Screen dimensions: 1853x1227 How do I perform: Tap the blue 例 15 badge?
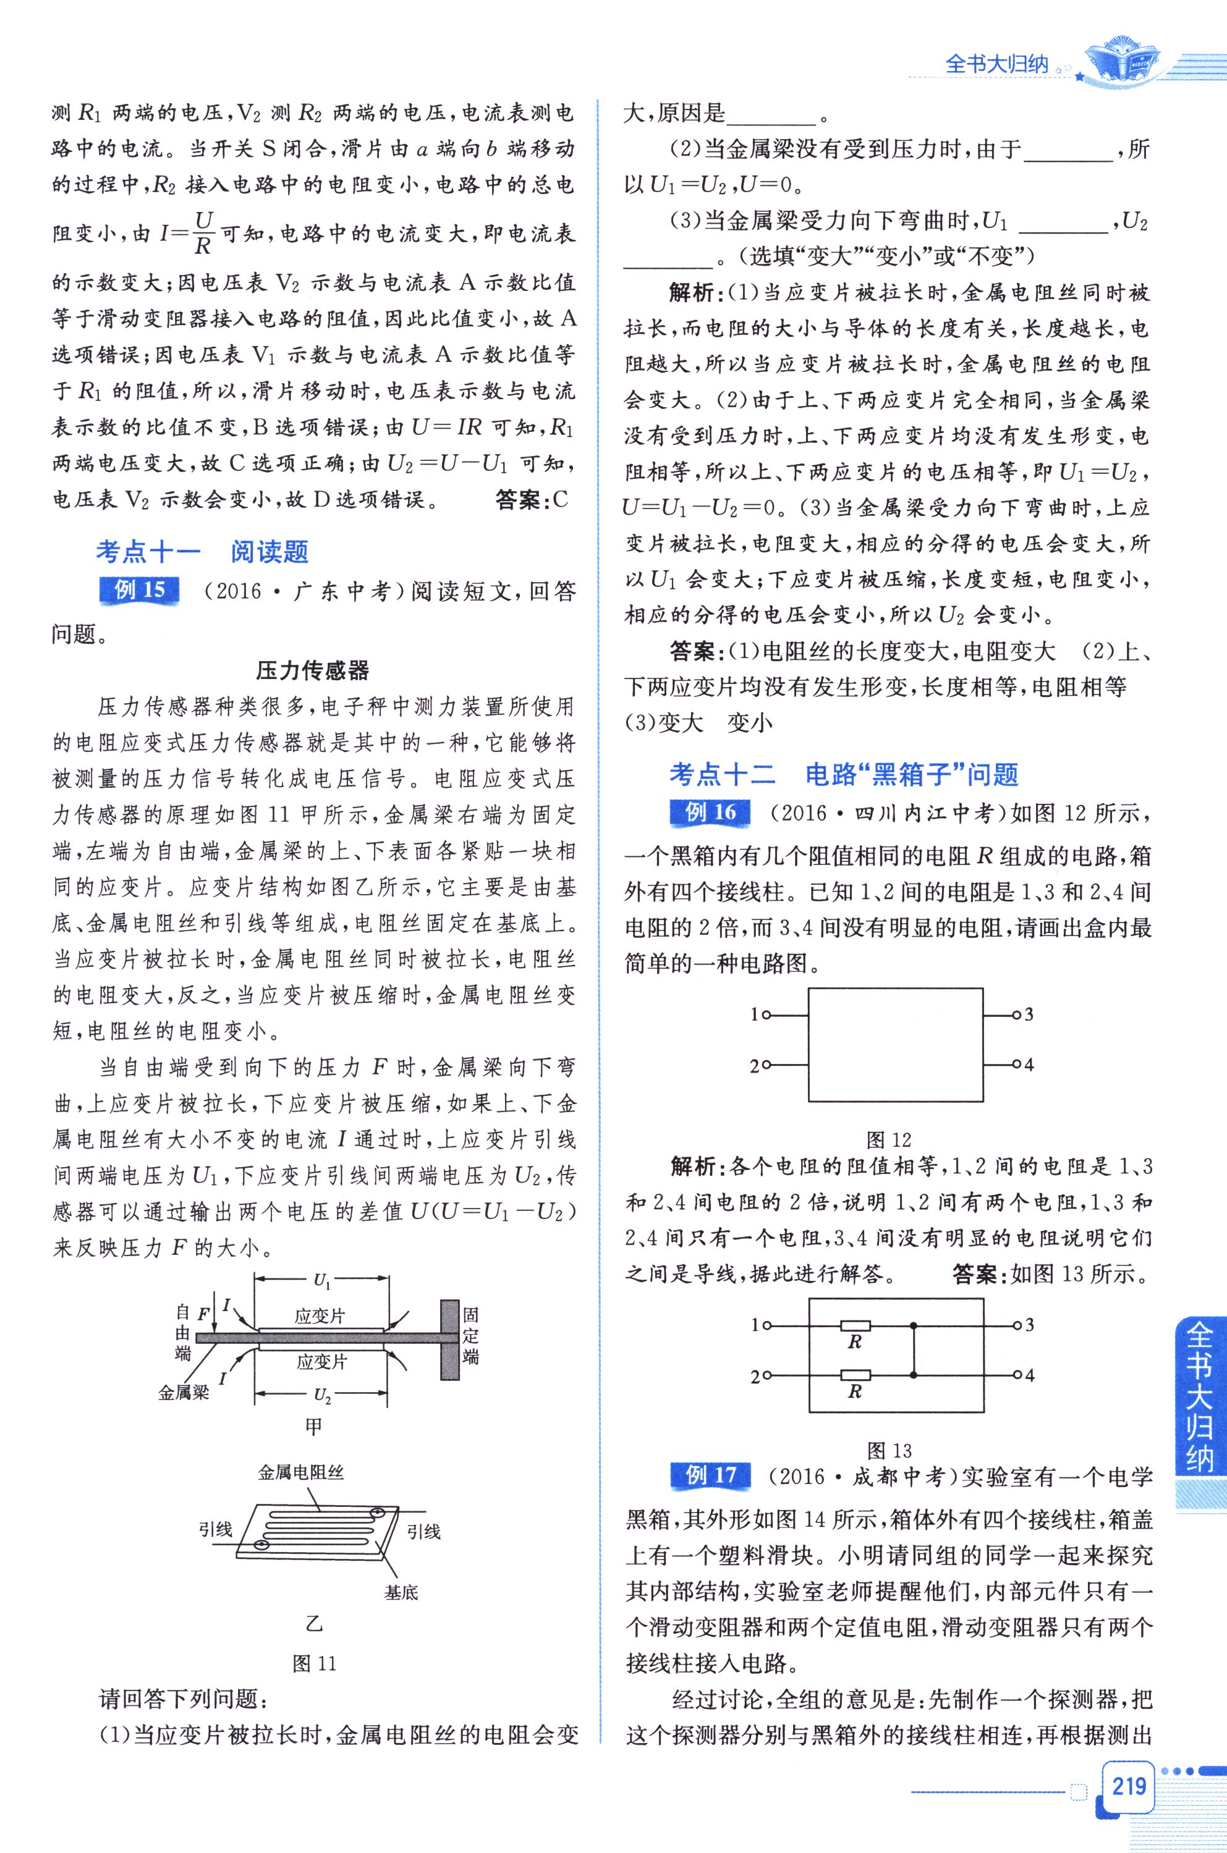pyautogui.click(x=139, y=591)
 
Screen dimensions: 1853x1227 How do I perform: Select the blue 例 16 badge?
pyautogui.click(x=710, y=812)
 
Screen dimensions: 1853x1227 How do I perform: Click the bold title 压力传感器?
pyautogui.click(x=312, y=670)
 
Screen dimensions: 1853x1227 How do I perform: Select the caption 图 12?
pyautogui.click(x=889, y=1139)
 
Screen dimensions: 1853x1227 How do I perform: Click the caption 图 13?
pyautogui.click(x=889, y=1452)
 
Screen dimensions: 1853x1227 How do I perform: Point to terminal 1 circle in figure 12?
pyautogui.click(x=766, y=1015)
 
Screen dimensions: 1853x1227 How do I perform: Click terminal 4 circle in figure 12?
pyautogui.click(x=1016, y=1065)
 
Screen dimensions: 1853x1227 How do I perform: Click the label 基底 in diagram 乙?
pyautogui.click(x=401, y=1592)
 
